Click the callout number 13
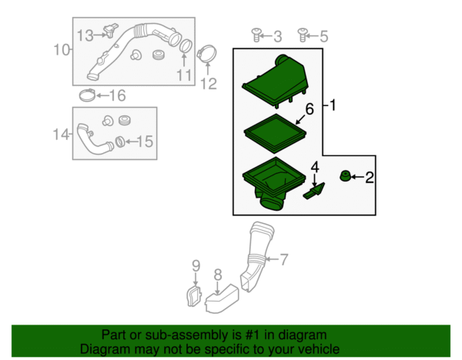(85, 35)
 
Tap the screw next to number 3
(257, 35)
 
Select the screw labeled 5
(303, 35)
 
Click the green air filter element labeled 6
(275, 134)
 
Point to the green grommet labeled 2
(345, 175)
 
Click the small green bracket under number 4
(314, 192)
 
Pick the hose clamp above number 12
(207, 54)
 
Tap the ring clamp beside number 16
(87, 95)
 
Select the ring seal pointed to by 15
(119, 142)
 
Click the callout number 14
(61, 135)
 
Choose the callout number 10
(62, 50)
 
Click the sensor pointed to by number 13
(110, 30)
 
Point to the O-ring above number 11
(186, 46)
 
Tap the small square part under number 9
(193, 297)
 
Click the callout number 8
(217, 275)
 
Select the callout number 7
(283, 260)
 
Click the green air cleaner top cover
(275, 80)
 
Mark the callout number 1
(333, 105)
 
